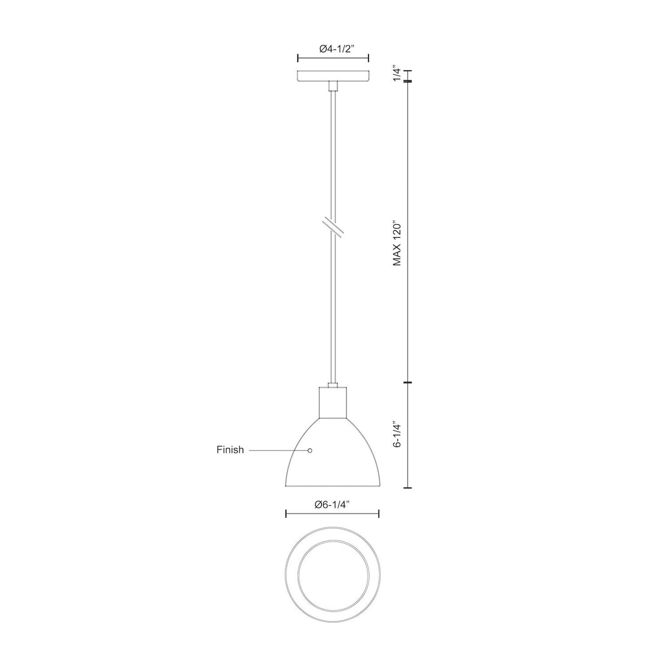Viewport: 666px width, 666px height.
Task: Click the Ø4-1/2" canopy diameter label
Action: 332,49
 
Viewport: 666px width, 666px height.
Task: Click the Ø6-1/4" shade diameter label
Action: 332,506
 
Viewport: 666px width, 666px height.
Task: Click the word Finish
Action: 230,450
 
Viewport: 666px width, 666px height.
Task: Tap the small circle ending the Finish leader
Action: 310,450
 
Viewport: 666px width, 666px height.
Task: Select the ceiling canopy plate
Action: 332,76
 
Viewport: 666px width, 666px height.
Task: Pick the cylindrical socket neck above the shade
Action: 332,403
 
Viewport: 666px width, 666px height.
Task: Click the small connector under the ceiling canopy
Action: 332,86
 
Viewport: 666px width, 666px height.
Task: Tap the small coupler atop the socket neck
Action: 332,385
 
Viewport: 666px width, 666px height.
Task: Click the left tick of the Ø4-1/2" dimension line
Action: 297,59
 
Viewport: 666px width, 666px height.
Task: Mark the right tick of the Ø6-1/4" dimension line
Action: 379,513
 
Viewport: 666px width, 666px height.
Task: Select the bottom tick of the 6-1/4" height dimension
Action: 408,488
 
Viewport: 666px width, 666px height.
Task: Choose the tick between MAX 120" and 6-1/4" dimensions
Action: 408,382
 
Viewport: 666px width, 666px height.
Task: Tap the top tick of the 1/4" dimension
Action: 408,71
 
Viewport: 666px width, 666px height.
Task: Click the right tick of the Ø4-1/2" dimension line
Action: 368,59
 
